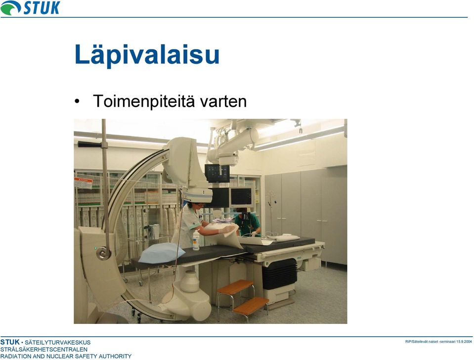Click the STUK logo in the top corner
pos(30,7)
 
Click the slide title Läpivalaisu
pos(147,54)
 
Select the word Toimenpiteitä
pos(144,101)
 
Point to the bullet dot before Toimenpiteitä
pos(78,101)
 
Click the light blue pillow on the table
pos(162,253)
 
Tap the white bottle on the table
pos(196,240)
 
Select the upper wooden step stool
pos(235,286)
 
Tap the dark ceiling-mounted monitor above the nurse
pos(217,173)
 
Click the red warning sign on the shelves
pos(83,183)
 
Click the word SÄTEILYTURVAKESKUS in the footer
pos(57,343)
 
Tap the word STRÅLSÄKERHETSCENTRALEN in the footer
pos(44,350)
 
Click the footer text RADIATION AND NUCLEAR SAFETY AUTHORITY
pos(66,357)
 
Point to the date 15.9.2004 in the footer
pos(464,342)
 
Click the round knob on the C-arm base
pos(103,253)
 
